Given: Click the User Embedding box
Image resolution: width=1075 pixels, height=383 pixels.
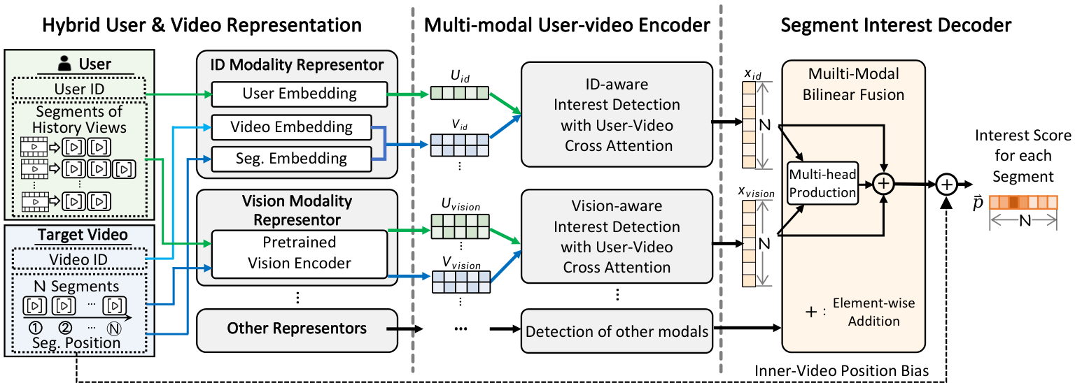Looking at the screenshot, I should [299, 94].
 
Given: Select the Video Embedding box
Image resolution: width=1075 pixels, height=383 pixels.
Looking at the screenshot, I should [291, 127].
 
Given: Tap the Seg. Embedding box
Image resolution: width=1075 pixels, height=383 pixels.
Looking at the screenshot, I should [291, 159].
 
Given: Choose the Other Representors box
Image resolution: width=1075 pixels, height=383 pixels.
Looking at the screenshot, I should [297, 327].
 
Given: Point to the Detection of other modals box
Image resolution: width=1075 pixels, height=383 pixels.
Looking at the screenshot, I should [617, 331].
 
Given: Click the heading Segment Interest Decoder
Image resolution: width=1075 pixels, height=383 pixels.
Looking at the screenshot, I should [896, 26].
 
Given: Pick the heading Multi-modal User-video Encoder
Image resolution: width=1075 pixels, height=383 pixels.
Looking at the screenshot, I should [567, 26].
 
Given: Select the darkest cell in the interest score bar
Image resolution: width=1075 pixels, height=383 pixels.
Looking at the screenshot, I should [1013, 203].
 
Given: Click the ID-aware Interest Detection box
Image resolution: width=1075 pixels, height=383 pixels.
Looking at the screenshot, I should [617, 115].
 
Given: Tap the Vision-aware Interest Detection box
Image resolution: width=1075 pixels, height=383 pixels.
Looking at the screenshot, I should [617, 238].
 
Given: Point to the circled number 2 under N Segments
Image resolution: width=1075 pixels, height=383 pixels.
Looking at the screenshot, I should [65, 326].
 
